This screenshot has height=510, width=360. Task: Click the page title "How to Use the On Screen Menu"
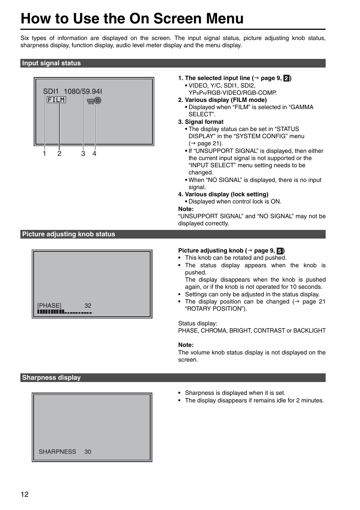132,18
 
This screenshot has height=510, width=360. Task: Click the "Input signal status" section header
51,63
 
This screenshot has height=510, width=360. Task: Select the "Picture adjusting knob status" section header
68,234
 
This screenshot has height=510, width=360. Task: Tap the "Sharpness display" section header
51,377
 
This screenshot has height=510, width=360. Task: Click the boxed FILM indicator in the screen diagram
56,100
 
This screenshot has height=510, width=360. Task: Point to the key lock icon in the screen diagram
94,100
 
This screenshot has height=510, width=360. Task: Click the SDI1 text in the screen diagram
51,91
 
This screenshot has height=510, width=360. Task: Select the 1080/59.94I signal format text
83,91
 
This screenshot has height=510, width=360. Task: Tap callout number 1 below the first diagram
45,154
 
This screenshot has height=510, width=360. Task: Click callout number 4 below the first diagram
94,154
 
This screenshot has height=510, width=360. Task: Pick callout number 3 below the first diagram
83,154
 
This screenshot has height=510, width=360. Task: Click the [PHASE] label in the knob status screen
49,305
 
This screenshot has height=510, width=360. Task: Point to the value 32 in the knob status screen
88,305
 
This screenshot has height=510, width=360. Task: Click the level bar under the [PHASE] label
65,312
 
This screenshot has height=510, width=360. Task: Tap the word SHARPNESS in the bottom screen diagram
57,451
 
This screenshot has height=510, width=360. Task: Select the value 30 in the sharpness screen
88,451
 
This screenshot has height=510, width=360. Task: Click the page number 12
25,495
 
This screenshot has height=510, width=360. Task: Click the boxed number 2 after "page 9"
286,78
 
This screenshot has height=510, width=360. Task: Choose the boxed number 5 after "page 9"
280,251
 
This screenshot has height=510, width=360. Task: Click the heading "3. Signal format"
201,122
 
